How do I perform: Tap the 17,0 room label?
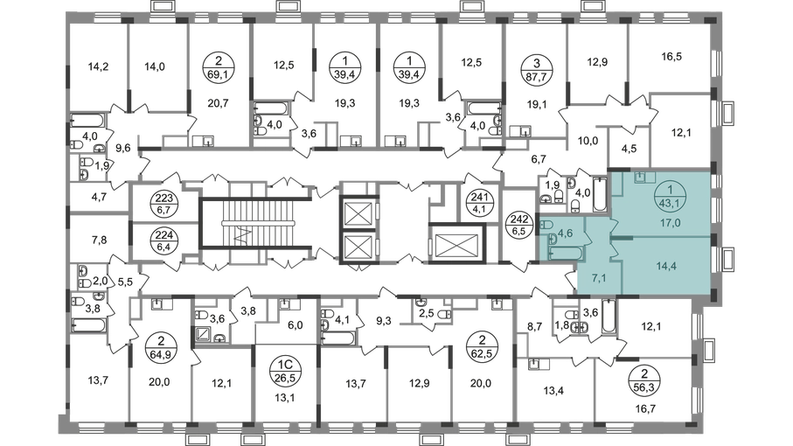pos(672,222)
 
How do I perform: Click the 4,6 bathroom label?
pos(567,233)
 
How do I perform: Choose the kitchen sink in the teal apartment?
pos(641,177)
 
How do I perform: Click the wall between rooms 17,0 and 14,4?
pos(664,236)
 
